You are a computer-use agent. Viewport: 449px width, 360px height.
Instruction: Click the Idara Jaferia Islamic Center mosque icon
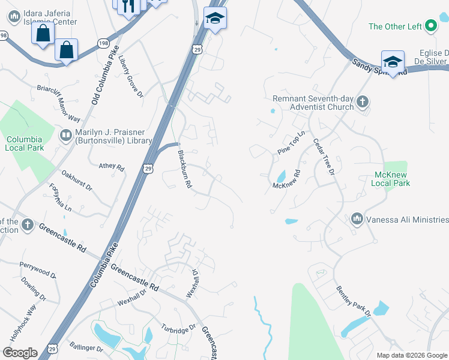pyautogui.click(x=14, y=17)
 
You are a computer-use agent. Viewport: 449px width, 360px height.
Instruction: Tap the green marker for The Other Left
pyautogui.click(x=430, y=26)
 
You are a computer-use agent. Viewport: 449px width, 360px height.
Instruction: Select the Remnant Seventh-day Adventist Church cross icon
pyautogui.click(x=362, y=102)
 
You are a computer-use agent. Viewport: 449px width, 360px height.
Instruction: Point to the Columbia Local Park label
pyautogui.click(x=25, y=143)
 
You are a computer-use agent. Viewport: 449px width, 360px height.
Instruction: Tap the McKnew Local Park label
pyautogui.click(x=391, y=179)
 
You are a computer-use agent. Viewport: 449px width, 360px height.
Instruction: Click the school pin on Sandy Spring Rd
pyautogui.click(x=392, y=61)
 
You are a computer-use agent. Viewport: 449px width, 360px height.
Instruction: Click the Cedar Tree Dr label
pyautogui.click(x=322, y=157)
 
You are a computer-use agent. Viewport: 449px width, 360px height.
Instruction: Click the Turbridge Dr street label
pyautogui.click(x=178, y=328)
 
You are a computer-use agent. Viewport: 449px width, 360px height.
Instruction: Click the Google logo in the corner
pyautogui.click(x=20, y=353)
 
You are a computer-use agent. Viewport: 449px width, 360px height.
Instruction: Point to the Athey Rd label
pyautogui.click(x=111, y=167)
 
